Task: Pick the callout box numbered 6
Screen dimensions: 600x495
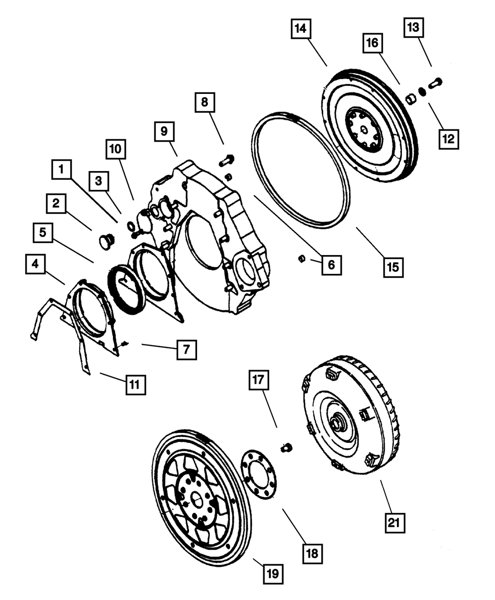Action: pyautogui.click(x=331, y=265)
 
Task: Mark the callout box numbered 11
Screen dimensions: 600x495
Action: pyautogui.click(x=135, y=384)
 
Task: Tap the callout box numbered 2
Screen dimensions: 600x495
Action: pyautogui.click(x=57, y=203)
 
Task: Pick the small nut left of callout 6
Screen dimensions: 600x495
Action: pyautogui.click(x=301, y=258)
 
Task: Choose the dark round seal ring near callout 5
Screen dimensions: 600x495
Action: pyautogui.click(x=126, y=289)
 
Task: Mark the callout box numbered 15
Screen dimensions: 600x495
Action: pyautogui.click(x=393, y=267)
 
